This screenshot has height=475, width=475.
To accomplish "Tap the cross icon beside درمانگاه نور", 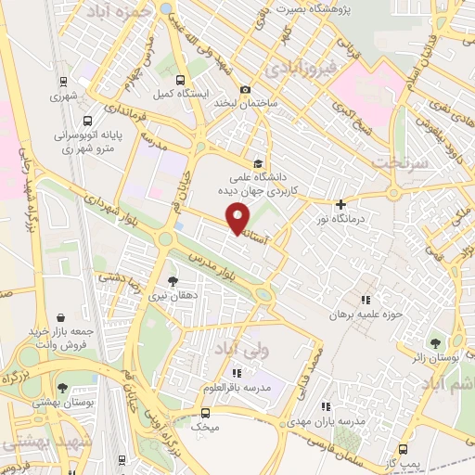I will tap(341, 204).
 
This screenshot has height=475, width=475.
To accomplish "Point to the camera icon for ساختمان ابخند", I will tap(244, 89).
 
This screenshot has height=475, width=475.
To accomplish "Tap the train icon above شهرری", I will tap(63, 81).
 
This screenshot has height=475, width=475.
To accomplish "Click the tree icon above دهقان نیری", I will tap(173, 279).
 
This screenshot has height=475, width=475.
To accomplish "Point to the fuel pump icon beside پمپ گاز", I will tap(380, 462).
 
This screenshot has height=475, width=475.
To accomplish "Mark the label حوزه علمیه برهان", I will tap(366, 315).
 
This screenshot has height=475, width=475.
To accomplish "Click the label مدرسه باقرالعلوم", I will tap(237, 388).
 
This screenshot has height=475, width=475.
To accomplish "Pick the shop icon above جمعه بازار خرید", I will tap(60, 318).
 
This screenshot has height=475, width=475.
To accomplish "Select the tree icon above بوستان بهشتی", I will tap(62, 389).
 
